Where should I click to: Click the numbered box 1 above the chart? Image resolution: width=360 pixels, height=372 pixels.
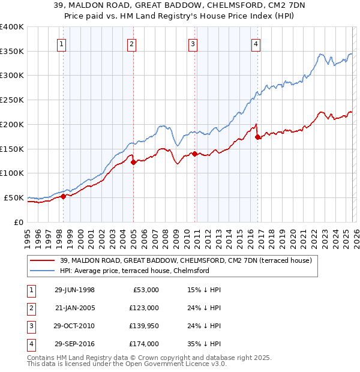coord(62,43)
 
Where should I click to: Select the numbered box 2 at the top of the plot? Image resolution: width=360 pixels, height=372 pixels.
coord(131,43)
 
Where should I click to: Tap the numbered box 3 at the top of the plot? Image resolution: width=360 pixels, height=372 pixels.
coord(193,43)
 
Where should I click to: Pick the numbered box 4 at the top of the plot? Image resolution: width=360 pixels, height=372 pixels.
coord(256,43)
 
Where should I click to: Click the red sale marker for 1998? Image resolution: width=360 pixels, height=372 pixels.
coord(63,196)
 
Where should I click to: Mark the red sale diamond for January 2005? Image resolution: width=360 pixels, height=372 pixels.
coord(133,162)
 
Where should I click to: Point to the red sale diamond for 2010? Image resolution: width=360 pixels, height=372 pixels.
coord(194,154)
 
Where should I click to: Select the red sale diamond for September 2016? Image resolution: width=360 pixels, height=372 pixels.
coord(257,137)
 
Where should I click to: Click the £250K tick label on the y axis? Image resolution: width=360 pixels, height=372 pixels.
coord(12,100)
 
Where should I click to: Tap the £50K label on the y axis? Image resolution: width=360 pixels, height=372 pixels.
coord(14,197)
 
